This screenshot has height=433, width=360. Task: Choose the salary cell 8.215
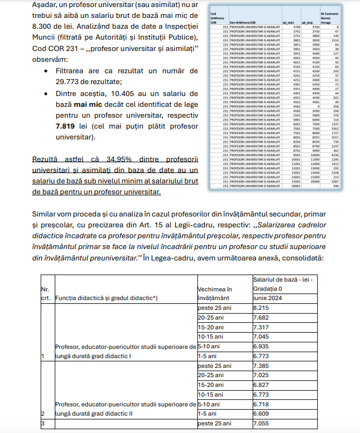pos(262,307)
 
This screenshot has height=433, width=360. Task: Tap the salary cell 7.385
pos(262,366)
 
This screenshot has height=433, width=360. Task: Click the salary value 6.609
pos(262,414)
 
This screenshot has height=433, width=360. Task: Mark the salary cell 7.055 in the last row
pos(262,423)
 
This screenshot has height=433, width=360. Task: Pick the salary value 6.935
pos(262,345)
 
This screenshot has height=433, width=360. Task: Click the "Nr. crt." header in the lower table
pos(45,293)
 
